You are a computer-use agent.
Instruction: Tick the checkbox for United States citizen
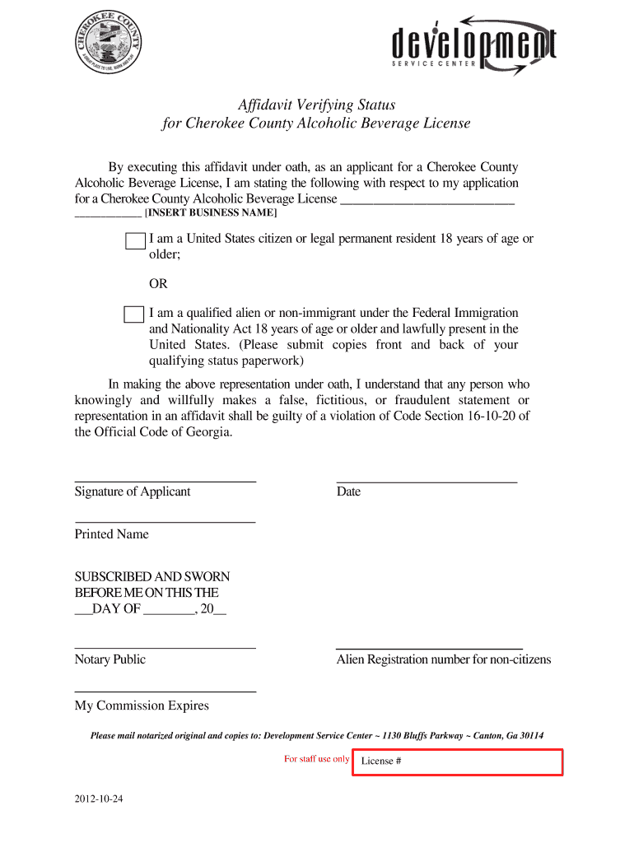134,240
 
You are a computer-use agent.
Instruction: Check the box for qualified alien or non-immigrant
133,314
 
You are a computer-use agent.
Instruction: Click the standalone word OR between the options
158,284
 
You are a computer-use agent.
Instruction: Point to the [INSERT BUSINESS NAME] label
211,213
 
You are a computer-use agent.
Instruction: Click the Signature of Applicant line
165,480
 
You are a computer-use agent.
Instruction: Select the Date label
348,492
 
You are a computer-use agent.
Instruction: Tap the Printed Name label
112,534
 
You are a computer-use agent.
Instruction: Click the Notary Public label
110,659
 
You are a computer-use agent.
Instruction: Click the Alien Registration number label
444,659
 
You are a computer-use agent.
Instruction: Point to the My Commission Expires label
142,706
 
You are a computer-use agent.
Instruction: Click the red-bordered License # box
457,762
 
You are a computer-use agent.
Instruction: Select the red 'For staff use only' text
316,759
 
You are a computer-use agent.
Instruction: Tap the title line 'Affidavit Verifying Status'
316,105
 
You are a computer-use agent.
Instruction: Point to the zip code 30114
527,736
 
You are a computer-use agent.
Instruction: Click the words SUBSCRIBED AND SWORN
152,577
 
